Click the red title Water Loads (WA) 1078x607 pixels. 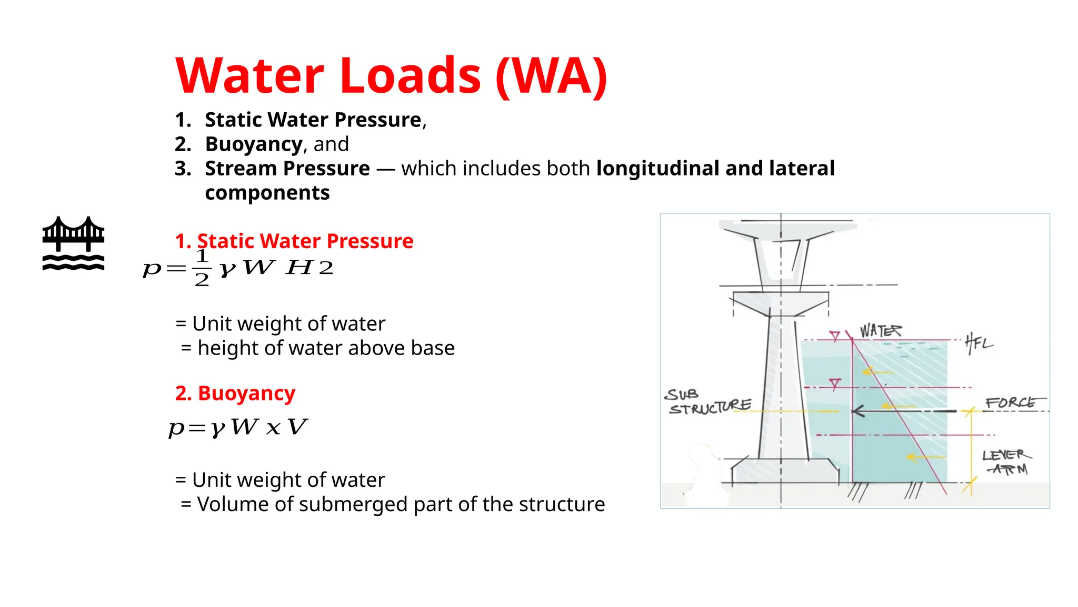pos(391,76)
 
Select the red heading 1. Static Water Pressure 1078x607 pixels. pos(294,241)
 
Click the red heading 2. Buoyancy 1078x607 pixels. pos(235,393)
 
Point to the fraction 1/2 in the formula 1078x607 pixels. pos(202,268)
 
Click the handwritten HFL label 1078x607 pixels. pos(979,344)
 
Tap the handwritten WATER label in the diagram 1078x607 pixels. pos(880,331)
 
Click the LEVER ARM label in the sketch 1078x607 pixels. pos(1006,462)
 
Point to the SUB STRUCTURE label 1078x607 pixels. pos(708,402)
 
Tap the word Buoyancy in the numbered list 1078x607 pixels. pos(254,144)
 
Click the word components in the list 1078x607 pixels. pos(267,193)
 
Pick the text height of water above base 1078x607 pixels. pos(326,348)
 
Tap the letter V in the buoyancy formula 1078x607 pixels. pos(297,427)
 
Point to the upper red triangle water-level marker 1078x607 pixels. pos(835,336)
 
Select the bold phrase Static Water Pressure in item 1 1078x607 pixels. pos(313,120)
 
